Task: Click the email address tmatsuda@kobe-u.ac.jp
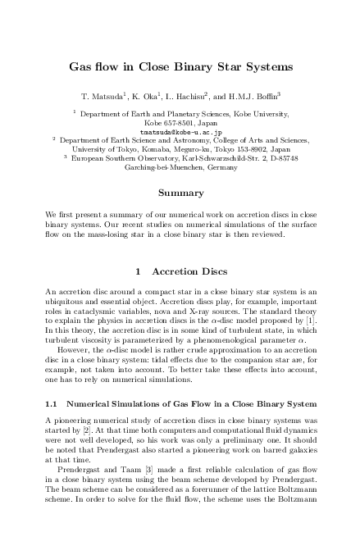pyautogui.click(x=180, y=131)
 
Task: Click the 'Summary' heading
pyautogui.click(x=180, y=194)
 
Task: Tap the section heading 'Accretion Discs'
pyautogui.click(x=191, y=271)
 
